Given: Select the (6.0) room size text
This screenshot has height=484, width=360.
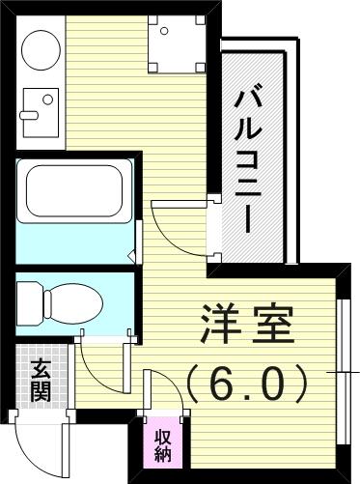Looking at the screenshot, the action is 247,384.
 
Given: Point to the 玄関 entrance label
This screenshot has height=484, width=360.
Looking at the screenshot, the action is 41,380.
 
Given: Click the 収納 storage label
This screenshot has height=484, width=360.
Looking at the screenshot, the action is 163,446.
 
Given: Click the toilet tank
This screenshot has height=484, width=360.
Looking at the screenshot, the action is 30,303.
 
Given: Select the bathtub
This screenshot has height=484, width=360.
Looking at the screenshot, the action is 74,190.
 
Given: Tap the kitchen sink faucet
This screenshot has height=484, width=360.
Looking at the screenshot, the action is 29,115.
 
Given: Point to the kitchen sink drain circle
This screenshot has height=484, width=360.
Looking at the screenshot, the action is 48,100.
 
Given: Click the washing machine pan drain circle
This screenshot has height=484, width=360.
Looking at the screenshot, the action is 164,31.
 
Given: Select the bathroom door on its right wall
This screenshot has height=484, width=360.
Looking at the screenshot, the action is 139,242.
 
